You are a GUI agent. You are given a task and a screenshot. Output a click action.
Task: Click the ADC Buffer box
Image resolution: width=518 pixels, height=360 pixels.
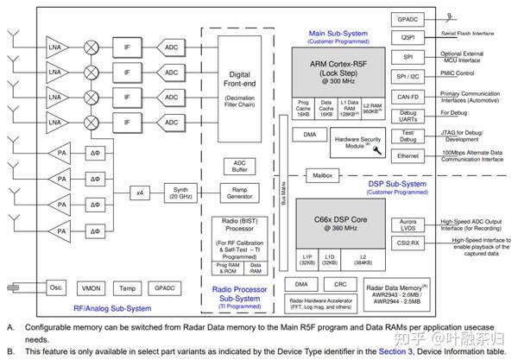[x=239, y=165]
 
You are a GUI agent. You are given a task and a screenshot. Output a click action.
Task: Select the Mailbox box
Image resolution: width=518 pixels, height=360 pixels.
[x=323, y=175]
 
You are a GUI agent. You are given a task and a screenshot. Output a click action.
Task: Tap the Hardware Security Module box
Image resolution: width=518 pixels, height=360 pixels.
[x=361, y=140]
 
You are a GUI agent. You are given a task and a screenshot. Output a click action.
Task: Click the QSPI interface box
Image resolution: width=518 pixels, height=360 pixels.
[x=408, y=37]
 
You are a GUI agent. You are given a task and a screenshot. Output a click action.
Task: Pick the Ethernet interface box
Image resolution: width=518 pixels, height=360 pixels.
[x=408, y=155]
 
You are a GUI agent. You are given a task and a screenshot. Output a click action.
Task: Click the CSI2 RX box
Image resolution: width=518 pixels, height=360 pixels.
[x=408, y=243]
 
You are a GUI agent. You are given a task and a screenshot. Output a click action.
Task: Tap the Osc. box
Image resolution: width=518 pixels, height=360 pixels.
[x=57, y=287]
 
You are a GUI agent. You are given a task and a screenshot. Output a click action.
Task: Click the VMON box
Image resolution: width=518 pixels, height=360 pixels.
[x=92, y=287]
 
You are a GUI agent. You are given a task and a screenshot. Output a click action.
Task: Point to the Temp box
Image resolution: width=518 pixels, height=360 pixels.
[x=127, y=287]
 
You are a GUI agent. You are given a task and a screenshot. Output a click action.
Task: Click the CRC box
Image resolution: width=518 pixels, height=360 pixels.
[x=341, y=283]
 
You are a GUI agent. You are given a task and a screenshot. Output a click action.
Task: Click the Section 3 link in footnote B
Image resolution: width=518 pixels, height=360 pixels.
[x=395, y=351]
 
